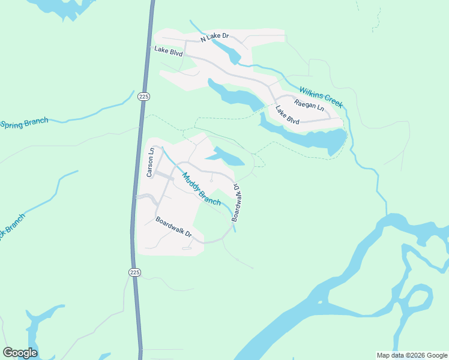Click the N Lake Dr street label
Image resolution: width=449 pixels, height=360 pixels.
pos(215,37)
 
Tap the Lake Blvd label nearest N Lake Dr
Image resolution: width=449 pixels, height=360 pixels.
pos(168,51)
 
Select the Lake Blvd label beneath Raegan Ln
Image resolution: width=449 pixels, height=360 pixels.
pos(288,115)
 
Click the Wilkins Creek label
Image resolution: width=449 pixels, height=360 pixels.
pos(321,97)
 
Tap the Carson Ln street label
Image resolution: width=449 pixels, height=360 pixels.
pos(151,162)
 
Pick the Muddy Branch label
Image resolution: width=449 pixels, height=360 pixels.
pos(201,189)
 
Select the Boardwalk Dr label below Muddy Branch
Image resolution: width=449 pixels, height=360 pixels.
pos(173,226)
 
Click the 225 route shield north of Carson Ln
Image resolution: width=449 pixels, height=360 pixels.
pos(143,96)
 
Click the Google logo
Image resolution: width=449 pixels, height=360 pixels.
pos(20,353)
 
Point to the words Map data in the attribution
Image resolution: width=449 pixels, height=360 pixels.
pos(391,355)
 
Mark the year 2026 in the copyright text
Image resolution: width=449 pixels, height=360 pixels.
pos(417,355)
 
